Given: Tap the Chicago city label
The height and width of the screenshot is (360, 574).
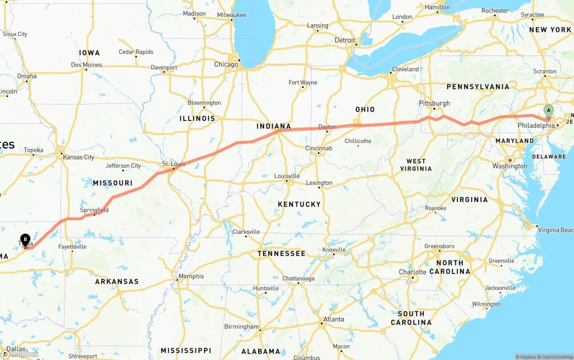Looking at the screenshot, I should (226, 65).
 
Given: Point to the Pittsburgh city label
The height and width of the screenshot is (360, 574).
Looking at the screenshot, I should (434, 103).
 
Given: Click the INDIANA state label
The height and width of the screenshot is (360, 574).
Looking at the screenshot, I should (274, 126).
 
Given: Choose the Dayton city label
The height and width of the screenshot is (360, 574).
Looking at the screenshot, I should (327, 127).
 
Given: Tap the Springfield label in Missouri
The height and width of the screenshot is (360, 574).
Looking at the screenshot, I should (94, 210).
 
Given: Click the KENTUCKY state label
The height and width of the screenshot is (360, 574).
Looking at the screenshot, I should (299, 204).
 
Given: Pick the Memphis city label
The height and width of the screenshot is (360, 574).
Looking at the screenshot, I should (191, 276).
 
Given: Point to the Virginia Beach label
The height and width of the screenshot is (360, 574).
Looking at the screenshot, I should (555, 230).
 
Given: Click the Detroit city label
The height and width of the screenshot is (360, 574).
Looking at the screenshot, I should (344, 40).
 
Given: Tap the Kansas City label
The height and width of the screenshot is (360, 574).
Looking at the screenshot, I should (79, 157).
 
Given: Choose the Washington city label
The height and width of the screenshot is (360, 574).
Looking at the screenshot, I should (510, 166).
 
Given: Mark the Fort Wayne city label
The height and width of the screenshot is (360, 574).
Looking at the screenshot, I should (303, 82).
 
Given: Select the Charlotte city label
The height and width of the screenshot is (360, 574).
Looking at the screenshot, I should (413, 272).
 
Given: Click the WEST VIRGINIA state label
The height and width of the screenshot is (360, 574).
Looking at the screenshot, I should (416, 165).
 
